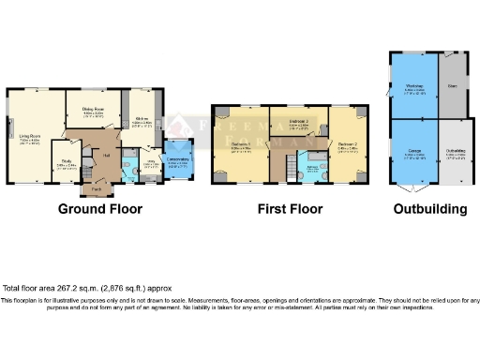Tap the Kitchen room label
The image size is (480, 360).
(x=142, y=119)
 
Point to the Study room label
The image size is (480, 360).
(x=66, y=161)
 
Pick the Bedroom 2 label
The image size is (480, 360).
(x=348, y=145)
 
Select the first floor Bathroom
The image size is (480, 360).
(x=310, y=168)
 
